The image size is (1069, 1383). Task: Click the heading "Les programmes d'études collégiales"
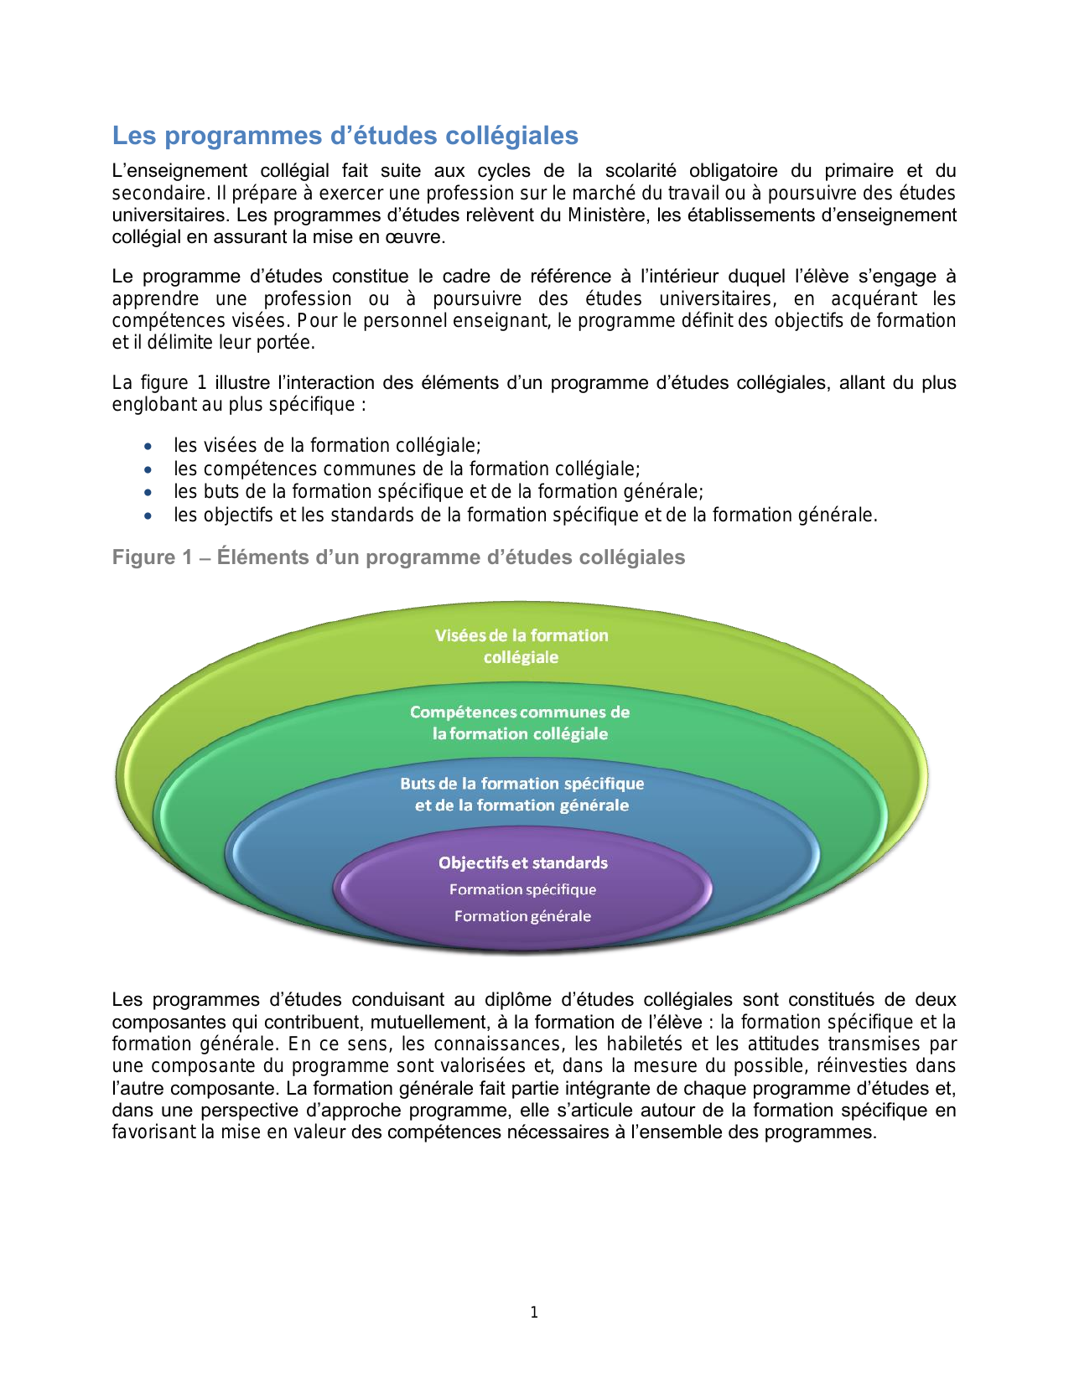point(345,136)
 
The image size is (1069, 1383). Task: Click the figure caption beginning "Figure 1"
point(398,557)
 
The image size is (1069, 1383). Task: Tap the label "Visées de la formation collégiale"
point(521,646)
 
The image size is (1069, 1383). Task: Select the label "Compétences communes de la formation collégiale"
point(520,723)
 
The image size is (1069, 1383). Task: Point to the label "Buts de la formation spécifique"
point(522,784)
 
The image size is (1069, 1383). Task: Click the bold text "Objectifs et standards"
point(523,862)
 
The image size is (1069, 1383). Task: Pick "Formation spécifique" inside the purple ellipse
point(522,889)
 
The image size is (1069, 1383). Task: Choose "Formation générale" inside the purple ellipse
point(522,916)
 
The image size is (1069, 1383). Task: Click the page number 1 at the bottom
point(534,1313)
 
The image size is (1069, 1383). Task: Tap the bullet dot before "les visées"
point(148,447)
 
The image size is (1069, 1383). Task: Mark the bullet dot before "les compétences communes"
point(148,470)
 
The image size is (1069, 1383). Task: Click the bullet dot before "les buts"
point(148,493)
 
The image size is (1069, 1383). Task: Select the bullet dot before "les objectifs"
point(148,516)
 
